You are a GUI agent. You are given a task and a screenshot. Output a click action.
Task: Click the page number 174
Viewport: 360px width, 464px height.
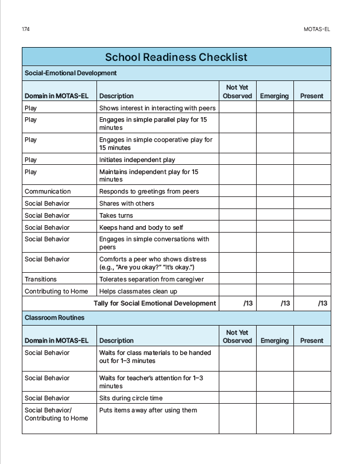(x=26, y=29)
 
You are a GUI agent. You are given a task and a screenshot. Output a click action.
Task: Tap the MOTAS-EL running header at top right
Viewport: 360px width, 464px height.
(x=316, y=29)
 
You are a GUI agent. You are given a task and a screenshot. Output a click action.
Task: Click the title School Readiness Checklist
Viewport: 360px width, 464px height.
(x=176, y=57)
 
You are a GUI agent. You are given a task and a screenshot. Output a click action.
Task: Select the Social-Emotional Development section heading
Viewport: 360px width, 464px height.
(x=70, y=73)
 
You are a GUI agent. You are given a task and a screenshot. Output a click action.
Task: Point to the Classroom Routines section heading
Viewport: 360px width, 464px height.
(x=55, y=318)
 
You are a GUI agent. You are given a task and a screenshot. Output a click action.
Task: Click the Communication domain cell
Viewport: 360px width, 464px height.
(x=48, y=191)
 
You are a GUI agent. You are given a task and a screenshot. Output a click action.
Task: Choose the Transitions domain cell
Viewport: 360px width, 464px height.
(x=41, y=279)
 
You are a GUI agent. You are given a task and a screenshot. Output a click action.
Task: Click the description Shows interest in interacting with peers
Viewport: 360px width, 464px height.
(x=157, y=107)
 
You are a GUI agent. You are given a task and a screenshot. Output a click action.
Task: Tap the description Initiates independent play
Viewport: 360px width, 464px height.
(x=137, y=160)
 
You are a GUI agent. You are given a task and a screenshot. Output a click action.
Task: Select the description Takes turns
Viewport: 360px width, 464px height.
(x=116, y=215)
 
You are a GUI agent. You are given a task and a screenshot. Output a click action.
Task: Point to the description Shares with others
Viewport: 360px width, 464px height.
(x=127, y=203)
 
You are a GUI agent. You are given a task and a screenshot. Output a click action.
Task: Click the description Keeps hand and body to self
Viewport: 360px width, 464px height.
(x=141, y=227)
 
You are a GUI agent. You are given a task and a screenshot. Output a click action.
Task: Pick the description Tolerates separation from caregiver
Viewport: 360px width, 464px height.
(x=151, y=279)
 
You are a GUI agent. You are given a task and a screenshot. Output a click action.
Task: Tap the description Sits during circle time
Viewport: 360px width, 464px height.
(x=131, y=398)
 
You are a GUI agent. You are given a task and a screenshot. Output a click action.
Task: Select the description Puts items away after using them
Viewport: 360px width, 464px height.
(x=148, y=410)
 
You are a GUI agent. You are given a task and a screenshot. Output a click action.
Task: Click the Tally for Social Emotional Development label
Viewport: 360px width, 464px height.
(x=155, y=303)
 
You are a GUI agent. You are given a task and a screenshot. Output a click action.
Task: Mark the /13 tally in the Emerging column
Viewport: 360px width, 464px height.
(x=285, y=303)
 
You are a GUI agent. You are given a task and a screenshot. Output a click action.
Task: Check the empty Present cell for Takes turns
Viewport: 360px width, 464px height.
(x=312, y=215)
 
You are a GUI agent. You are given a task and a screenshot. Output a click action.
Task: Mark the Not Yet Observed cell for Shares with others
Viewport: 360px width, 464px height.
(x=237, y=203)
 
